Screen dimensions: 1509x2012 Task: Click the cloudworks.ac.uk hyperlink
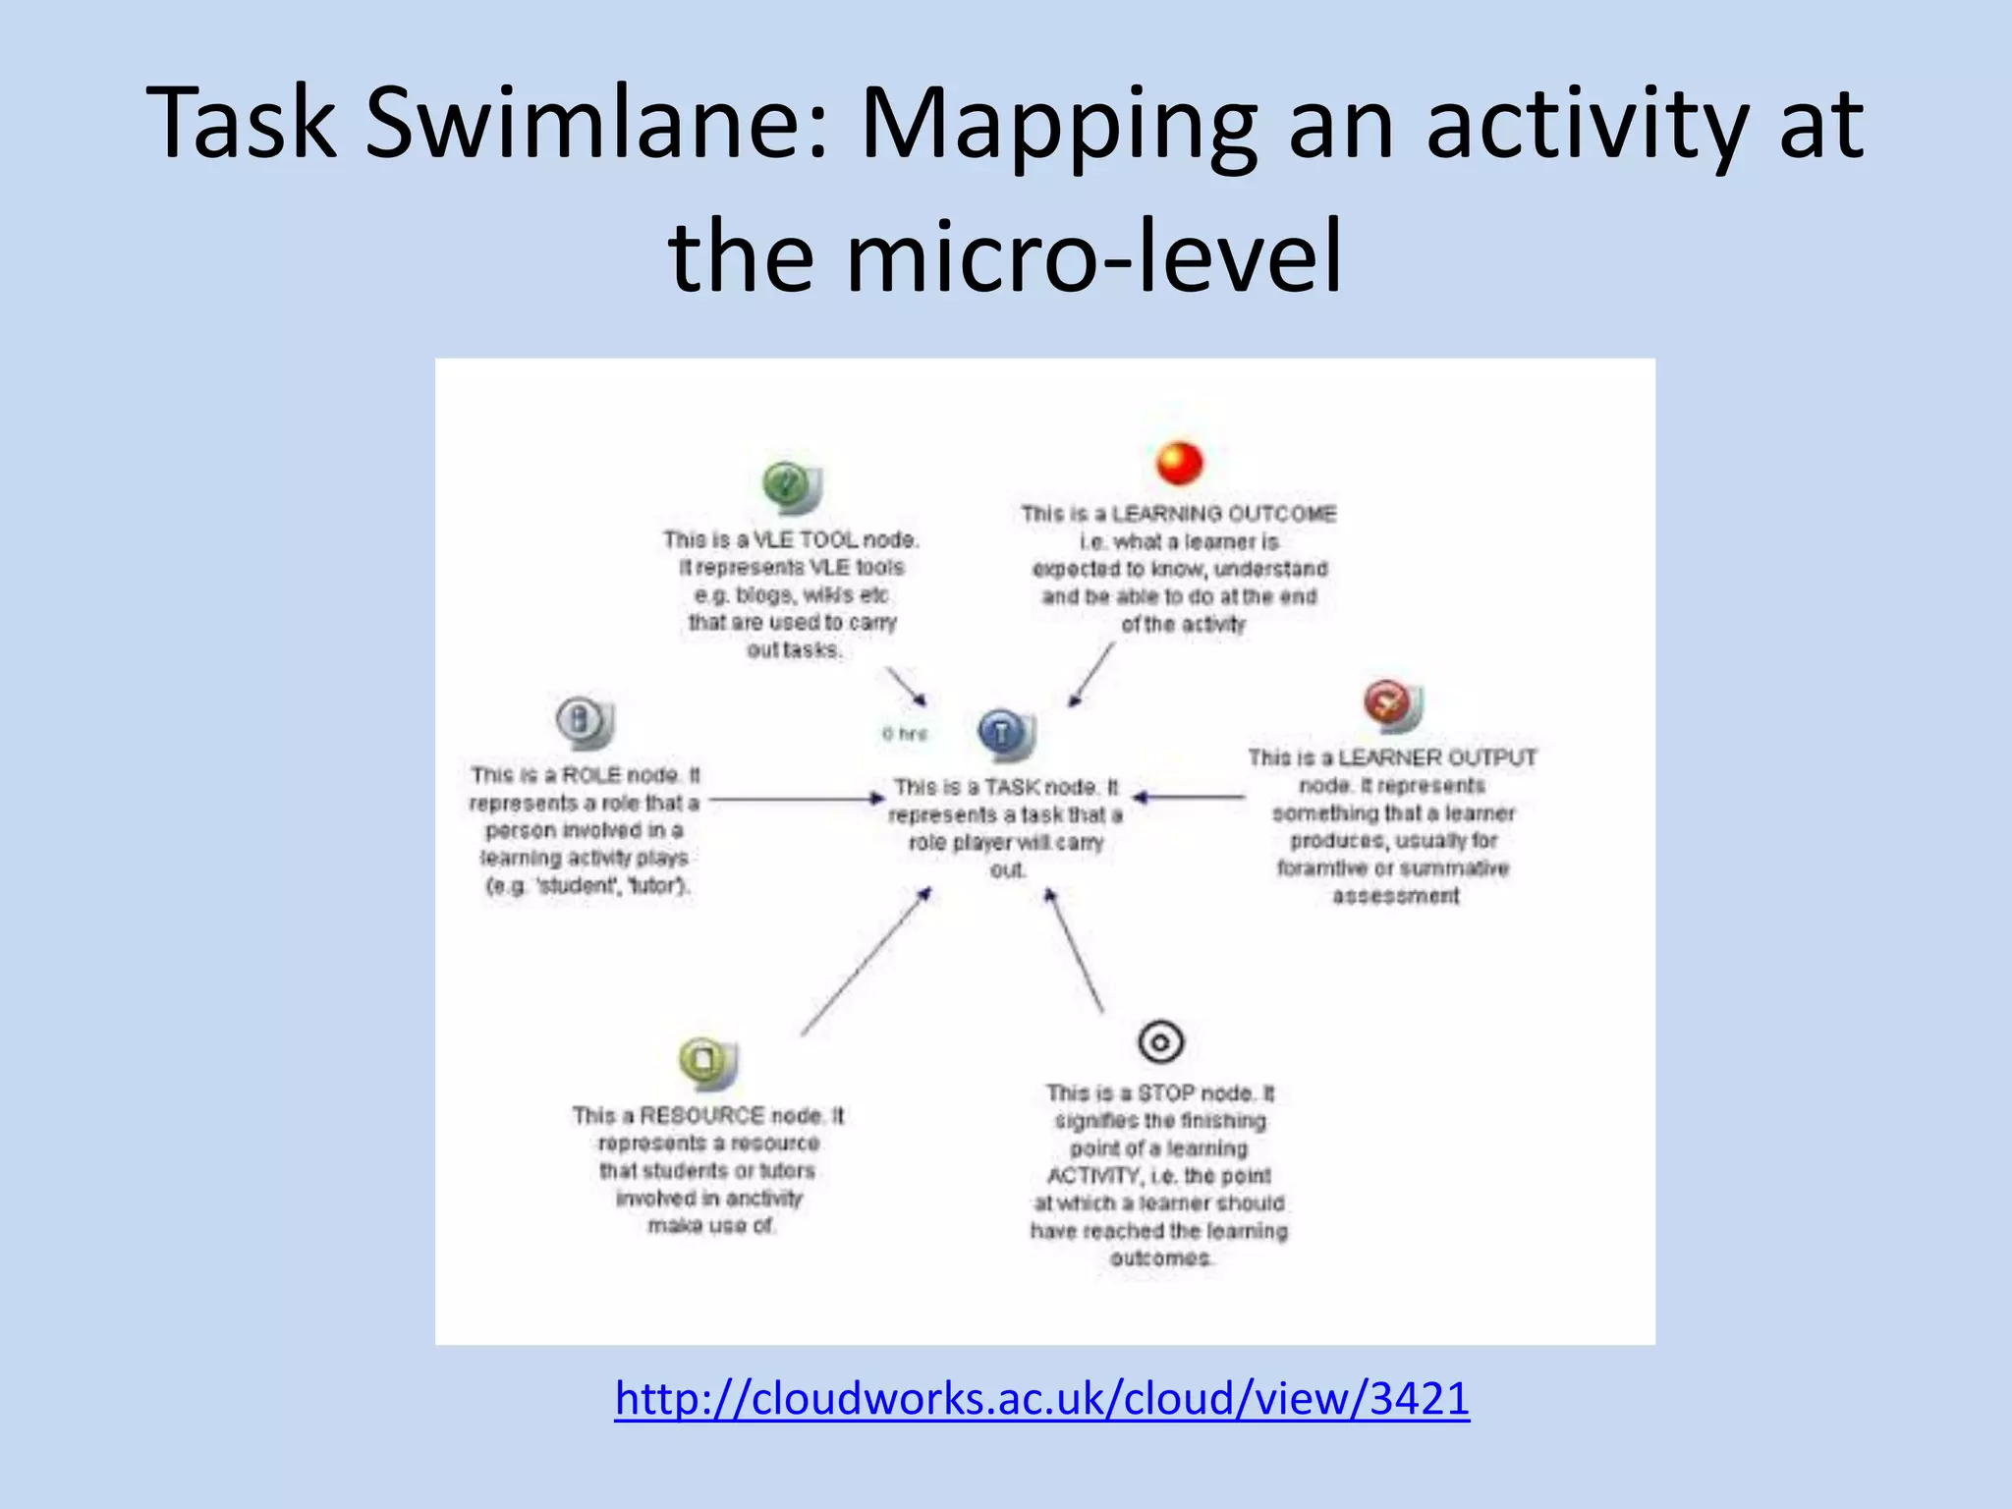1041,1398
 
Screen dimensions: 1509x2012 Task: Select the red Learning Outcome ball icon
1179,463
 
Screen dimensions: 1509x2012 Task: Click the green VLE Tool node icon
789,486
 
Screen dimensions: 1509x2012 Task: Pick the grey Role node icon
583,722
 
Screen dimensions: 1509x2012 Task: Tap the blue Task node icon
1004,733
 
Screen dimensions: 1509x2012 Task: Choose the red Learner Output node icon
1390,704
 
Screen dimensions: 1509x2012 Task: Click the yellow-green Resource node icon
706,1062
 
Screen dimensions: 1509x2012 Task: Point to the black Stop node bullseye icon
1160,1041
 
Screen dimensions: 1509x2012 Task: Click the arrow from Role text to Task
796,800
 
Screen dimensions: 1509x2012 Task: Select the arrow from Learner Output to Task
1189,797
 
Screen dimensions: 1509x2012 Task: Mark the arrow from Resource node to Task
865,963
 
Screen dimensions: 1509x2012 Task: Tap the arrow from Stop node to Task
1075,950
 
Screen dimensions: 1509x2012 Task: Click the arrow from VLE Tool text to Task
906,686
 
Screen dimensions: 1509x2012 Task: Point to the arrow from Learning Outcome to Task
1091,675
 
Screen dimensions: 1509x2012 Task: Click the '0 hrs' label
904,734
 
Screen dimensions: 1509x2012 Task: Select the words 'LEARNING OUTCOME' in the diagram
1223,514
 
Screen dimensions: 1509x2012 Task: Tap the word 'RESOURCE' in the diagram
701,1116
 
